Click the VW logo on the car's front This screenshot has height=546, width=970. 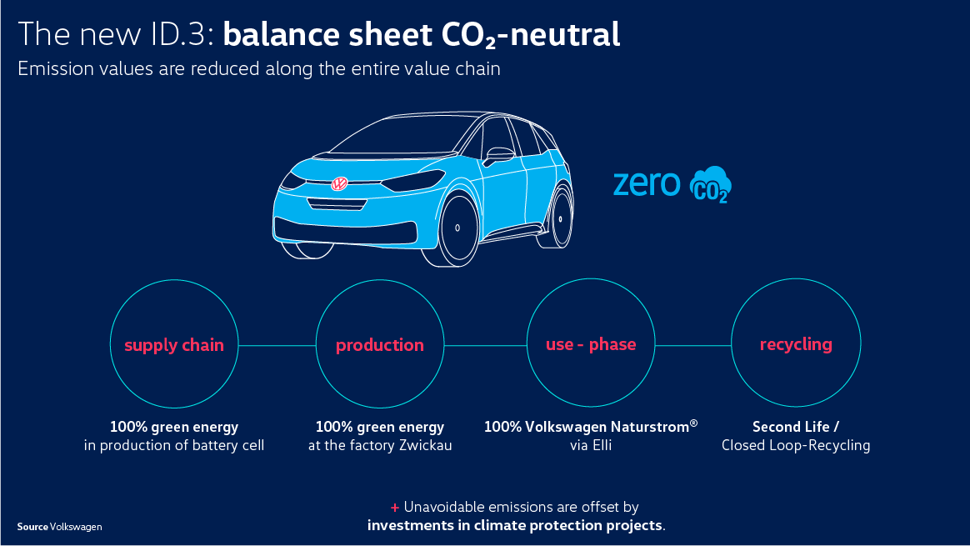[x=339, y=184]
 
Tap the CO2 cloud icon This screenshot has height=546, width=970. [x=711, y=184]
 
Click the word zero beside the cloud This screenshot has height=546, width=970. [x=647, y=184]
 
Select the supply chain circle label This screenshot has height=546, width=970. [x=174, y=345]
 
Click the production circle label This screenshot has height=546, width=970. [x=380, y=345]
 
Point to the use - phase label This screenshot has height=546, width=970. [x=591, y=344]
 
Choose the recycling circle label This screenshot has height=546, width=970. [x=796, y=344]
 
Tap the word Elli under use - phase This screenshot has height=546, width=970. [x=599, y=446]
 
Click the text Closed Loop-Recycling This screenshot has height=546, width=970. [x=796, y=446]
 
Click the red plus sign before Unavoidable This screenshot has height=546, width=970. [x=395, y=508]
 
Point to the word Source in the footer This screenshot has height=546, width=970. [x=32, y=527]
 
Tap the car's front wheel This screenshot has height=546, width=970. [x=457, y=228]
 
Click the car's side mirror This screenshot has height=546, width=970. [x=498, y=155]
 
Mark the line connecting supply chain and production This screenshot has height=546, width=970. [x=277, y=345]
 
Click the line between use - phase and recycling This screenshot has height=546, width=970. [x=692, y=345]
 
